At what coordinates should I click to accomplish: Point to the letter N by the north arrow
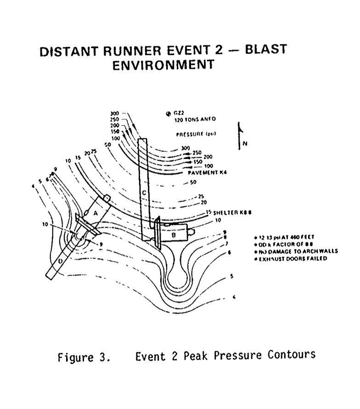pyautogui.click(x=244, y=143)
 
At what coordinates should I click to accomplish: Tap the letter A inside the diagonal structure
pyautogui.click(x=96, y=214)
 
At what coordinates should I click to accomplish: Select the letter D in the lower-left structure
pyautogui.click(x=62, y=261)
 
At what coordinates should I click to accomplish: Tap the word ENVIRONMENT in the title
pyautogui.click(x=163, y=65)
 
